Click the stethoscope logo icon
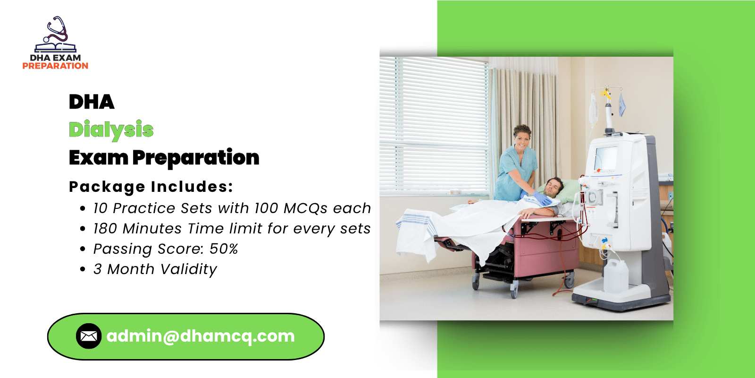(56, 34)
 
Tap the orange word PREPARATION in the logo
(55, 66)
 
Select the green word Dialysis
(111, 130)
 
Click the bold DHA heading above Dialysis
(92, 102)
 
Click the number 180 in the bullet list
(105, 229)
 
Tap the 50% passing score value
(224, 249)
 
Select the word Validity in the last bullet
(189, 269)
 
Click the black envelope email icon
(89, 336)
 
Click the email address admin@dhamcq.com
(201, 336)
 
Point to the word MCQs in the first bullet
(305, 208)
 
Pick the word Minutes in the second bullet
(152, 229)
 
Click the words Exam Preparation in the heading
(164, 158)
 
